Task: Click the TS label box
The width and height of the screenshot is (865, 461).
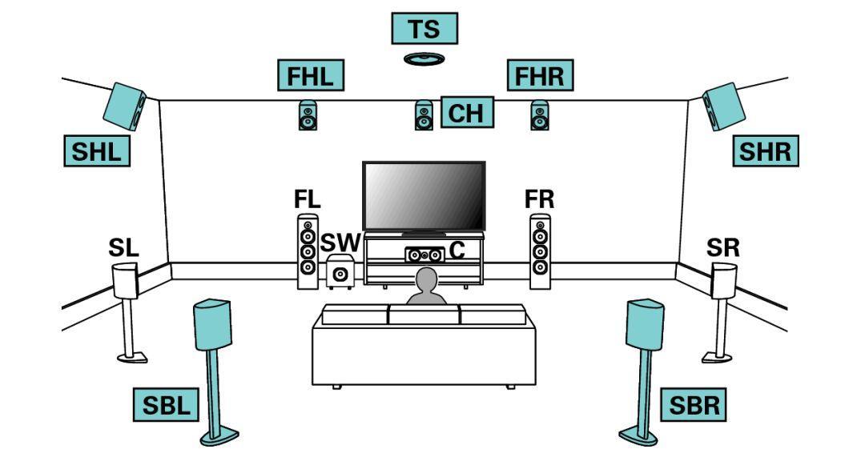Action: click(x=424, y=29)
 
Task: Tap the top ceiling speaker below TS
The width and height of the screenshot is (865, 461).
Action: click(x=424, y=58)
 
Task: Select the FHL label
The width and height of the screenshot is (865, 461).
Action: click(x=310, y=75)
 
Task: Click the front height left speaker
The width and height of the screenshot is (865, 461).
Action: click(x=308, y=115)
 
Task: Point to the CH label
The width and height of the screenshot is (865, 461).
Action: click(x=465, y=113)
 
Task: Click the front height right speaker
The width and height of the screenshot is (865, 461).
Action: click(x=540, y=115)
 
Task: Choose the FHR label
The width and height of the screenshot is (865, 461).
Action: click(x=539, y=75)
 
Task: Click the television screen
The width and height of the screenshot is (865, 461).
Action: click(x=424, y=196)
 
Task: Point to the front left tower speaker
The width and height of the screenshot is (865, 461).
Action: click(x=308, y=251)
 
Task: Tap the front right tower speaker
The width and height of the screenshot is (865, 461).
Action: click(x=541, y=251)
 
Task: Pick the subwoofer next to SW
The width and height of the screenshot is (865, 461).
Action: click(x=341, y=273)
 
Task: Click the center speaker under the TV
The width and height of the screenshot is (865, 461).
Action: click(x=423, y=255)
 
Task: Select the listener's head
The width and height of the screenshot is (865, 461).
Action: click(x=426, y=281)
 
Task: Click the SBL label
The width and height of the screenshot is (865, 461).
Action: click(x=167, y=406)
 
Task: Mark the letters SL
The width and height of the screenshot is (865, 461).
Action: click(x=123, y=248)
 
